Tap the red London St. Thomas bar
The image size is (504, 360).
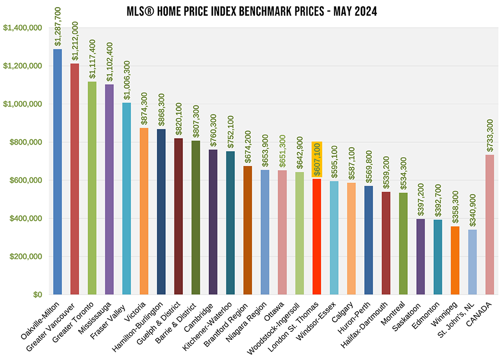(317, 237)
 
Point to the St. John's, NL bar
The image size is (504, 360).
(472, 262)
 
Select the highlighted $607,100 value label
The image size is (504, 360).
(317, 159)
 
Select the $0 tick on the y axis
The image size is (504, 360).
(37, 295)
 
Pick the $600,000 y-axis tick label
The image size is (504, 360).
(27, 181)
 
